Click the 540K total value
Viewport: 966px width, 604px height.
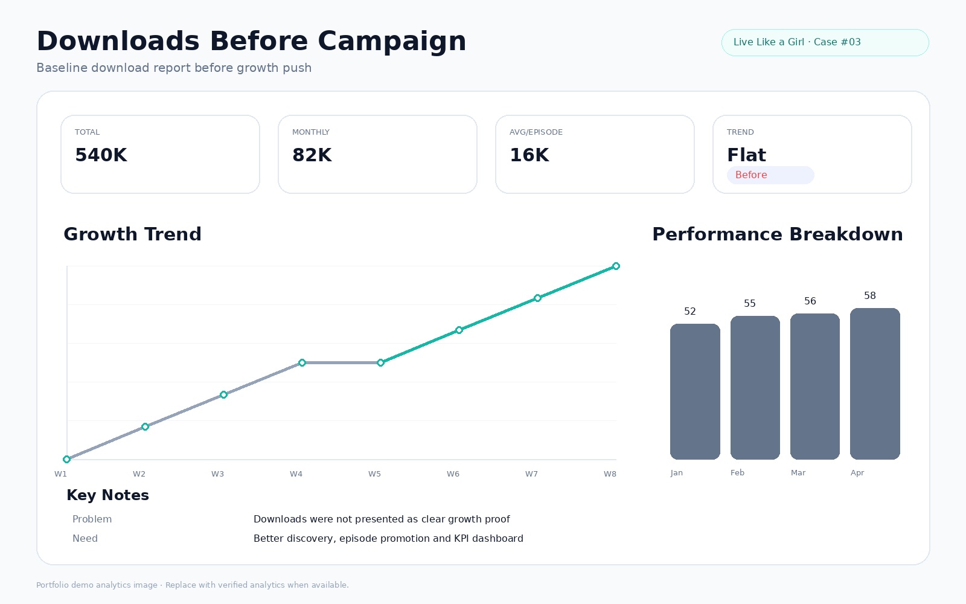coord(101,155)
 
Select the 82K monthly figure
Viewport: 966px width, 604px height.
coord(312,155)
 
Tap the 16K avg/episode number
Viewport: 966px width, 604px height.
coord(529,155)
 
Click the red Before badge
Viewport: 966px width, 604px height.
coord(770,175)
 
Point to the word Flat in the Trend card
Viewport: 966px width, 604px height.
coord(746,155)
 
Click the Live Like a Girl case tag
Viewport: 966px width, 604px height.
coord(825,42)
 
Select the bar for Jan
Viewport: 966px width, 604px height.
coord(695,391)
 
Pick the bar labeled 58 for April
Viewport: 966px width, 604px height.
coord(875,384)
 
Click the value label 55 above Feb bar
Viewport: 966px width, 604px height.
coord(749,303)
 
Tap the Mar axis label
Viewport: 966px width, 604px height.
coord(798,473)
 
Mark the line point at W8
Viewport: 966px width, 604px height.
coord(616,266)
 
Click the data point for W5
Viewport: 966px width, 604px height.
coord(380,363)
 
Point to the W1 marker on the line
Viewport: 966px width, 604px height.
coord(66,460)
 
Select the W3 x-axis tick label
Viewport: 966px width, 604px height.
coord(217,474)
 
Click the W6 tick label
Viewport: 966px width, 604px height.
coord(453,474)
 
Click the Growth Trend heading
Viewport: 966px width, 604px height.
coord(132,234)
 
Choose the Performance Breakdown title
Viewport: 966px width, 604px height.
coord(777,234)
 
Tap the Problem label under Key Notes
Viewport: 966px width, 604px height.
coord(92,519)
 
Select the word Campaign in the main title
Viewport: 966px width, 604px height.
coord(392,42)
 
